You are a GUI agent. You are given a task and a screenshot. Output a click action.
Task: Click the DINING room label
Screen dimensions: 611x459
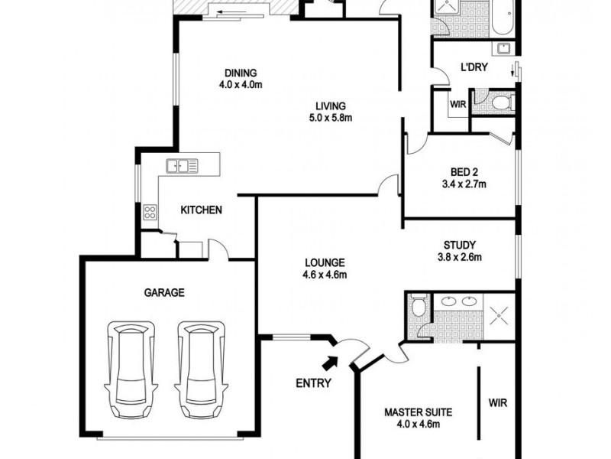241,73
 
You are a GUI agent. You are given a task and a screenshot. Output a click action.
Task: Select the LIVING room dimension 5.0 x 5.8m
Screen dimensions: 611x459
331,118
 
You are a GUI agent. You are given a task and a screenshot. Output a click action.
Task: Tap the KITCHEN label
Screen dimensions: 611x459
201,210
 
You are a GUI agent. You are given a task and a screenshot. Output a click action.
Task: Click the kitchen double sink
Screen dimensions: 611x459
182,166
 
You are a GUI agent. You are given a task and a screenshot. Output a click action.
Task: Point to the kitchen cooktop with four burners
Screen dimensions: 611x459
150,213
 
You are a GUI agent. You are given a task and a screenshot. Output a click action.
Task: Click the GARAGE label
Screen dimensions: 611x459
164,292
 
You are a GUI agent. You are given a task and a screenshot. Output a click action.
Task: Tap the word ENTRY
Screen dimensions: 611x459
314,383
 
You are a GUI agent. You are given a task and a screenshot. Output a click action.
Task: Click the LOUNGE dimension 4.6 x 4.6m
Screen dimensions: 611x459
325,275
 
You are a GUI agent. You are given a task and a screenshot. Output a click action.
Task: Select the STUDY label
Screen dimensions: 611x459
460,245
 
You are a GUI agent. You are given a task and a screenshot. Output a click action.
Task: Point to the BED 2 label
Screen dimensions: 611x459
464,172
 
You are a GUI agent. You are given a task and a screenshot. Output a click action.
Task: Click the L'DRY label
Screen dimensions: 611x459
474,67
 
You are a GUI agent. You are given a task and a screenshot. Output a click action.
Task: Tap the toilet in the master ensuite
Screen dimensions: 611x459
419,305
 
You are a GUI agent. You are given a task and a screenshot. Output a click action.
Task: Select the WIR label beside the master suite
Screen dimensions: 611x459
498,402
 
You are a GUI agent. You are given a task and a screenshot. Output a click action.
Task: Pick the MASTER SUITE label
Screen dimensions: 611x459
418,412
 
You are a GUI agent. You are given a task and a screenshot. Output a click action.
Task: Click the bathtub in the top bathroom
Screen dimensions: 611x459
504,18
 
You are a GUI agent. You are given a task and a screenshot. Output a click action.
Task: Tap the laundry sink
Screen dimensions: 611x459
504,48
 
